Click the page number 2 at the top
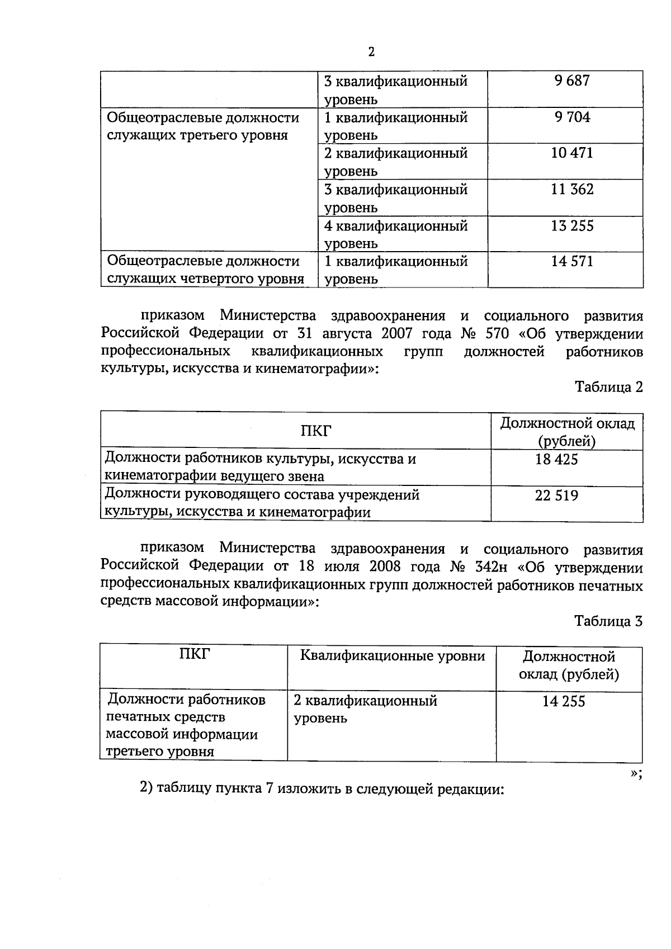pos(371,52)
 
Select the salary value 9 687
pos(572,81)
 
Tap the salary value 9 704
pos(572,117)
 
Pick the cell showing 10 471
pos(572,153)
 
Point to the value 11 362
pos(572,189)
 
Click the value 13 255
pos(572,226)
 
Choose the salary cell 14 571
pos(572,261)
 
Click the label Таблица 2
pos(609,387)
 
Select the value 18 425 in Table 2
pos(556,460)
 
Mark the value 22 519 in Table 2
pos(556,495)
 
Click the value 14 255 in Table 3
pos(564,701)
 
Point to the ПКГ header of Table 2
pos(316,431)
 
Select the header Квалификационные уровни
pos(392,656)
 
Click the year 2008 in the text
pos(385,566)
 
